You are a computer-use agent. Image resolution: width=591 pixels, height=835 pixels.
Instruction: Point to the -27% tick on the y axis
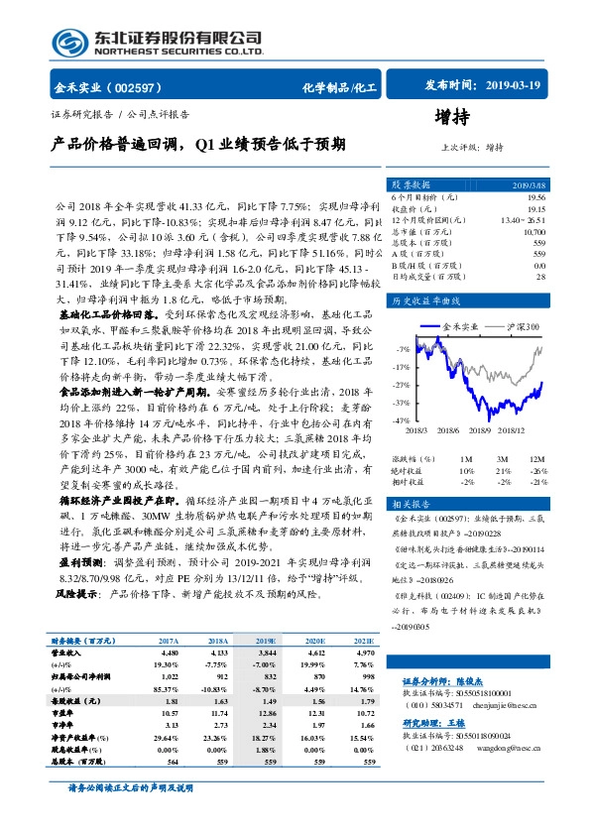pos(401,385)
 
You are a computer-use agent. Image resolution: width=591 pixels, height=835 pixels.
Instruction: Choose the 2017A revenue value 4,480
pos(168,654)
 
